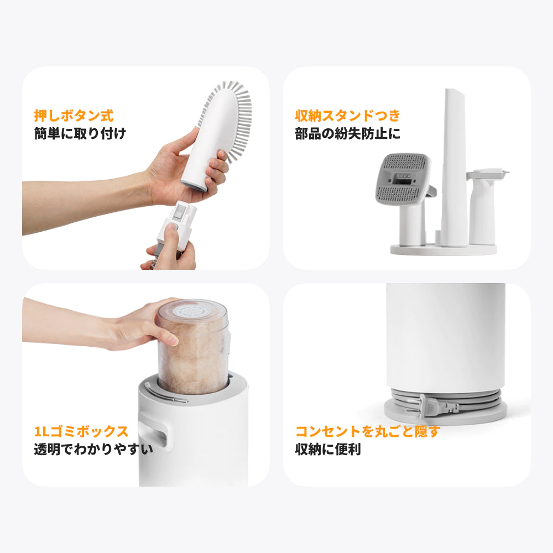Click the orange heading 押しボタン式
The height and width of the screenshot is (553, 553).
pos(74,116)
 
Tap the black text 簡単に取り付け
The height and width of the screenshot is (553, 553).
pos(80,134)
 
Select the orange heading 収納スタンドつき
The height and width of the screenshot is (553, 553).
pos(348,116)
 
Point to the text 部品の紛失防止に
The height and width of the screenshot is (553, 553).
pos(348,134)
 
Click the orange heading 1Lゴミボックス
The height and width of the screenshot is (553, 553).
pos(81,431)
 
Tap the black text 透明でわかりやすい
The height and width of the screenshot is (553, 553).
pos(93,449)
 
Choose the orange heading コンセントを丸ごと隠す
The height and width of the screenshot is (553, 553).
pos(368,431)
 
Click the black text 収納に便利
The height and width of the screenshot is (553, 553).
pos(328,449)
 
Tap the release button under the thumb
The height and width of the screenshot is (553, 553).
pos(174,226)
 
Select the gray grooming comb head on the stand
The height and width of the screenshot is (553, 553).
pos(403,179)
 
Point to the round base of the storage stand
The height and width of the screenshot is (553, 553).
pos(444,250)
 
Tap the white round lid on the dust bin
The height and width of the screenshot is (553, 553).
pos(192,312)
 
